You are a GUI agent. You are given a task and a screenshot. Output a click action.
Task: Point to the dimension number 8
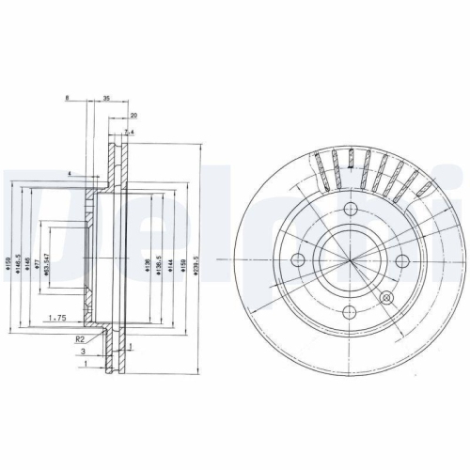pyautogui.click(x=68, y=98)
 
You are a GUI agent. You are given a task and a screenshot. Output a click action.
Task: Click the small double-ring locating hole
pyautogui.click(x=384, y=297)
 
